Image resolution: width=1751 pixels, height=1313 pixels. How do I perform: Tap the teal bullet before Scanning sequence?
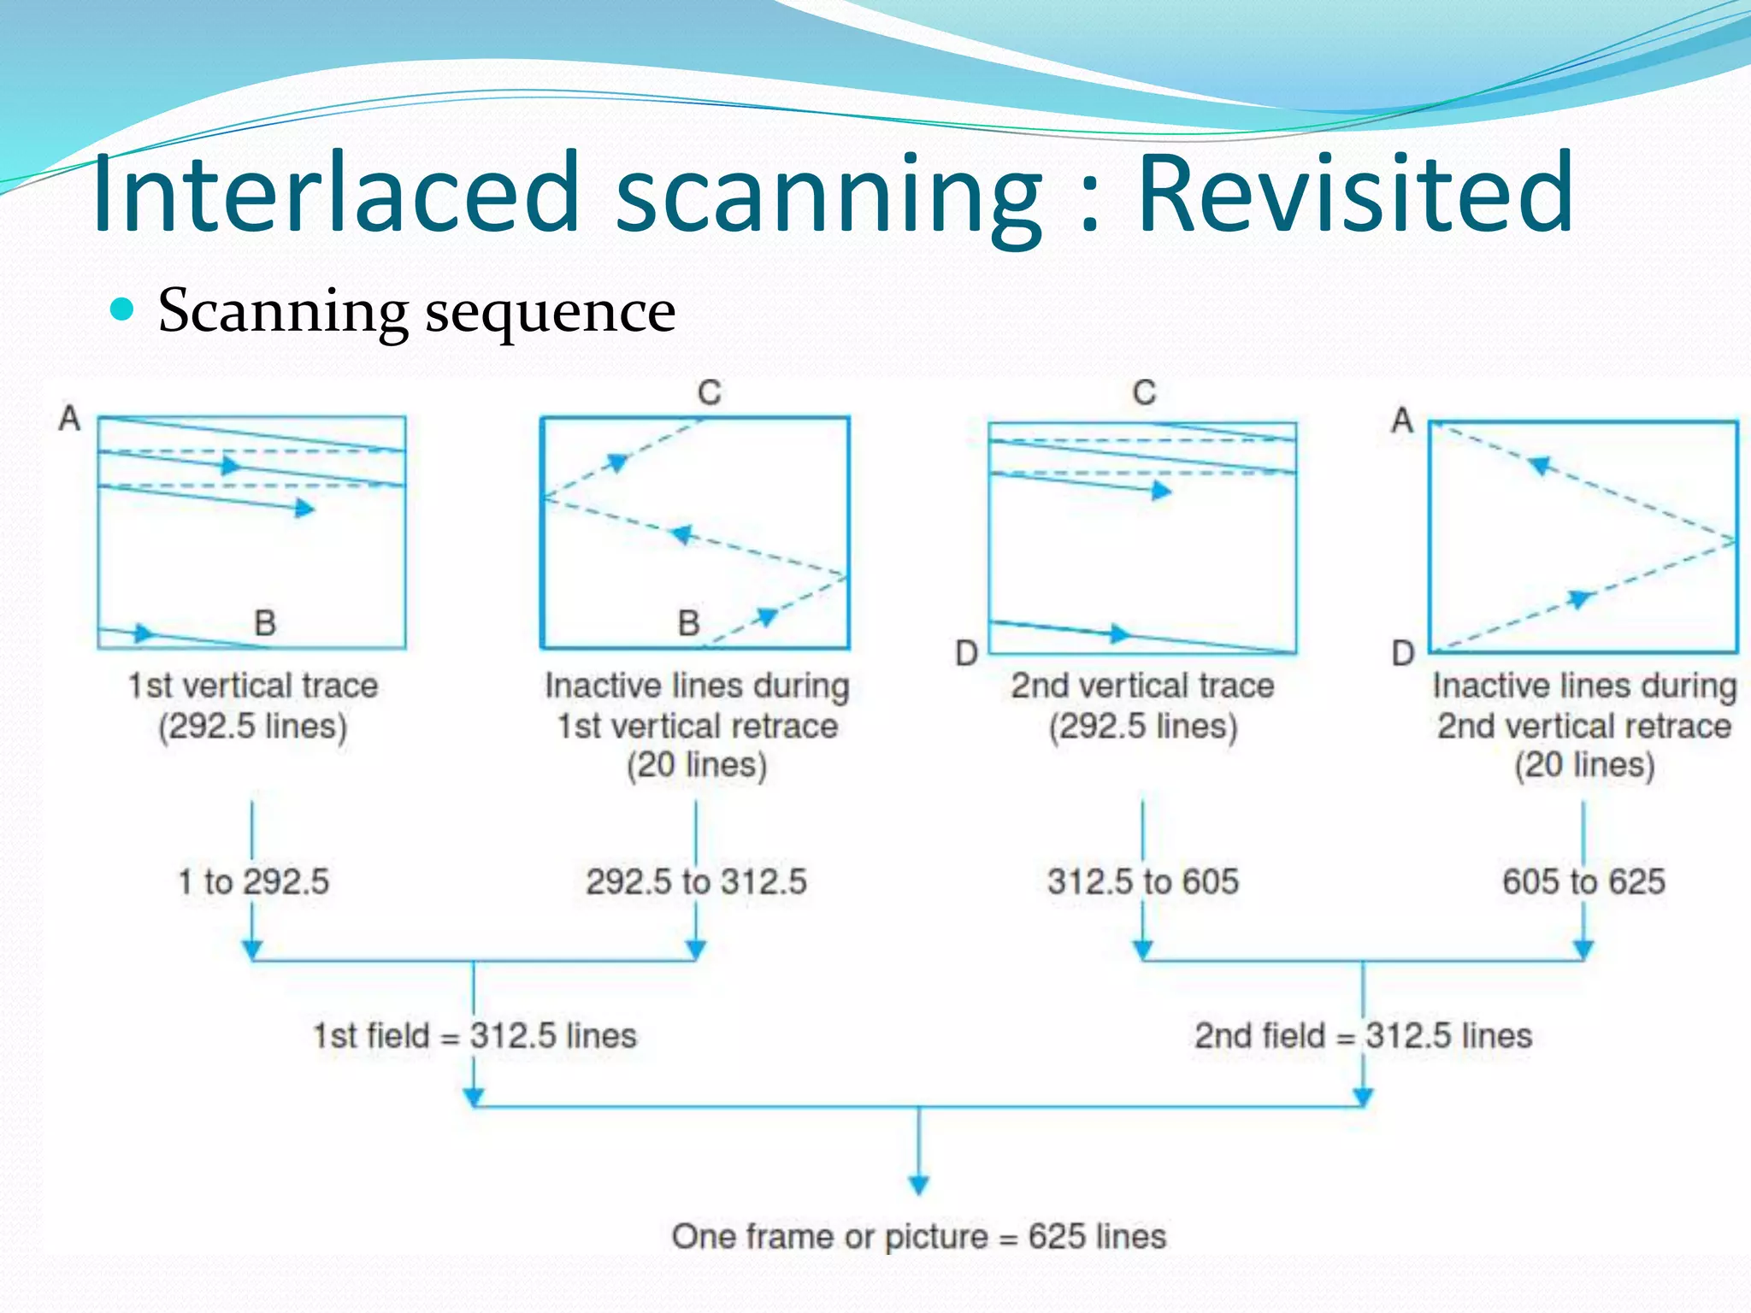tap(123, 309)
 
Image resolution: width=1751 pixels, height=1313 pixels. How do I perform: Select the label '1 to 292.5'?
tap(253, 881)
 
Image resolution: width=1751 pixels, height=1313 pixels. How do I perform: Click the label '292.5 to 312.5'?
tap(696, 881)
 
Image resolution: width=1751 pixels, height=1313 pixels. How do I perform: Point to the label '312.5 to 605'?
tap(1143, 881)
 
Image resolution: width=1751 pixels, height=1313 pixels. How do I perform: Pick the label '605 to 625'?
tap(1583, 881)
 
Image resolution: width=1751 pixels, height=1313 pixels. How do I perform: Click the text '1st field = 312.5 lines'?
tap(475, 1036)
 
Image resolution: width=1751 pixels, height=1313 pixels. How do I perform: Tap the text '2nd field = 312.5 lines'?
tap(1363, 1036)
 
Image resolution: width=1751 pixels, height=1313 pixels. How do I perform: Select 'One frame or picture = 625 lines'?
tap(918, 1236)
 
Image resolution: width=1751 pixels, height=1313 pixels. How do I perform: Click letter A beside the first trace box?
tap(69, 419)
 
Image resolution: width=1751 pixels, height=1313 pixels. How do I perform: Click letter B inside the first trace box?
tap(265, 623)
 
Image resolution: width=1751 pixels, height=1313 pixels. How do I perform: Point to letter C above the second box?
tap(710, 393)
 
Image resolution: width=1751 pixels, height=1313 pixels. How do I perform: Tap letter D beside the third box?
tap(966, 654)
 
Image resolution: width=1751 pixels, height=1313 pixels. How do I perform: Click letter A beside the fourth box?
tap(1402, 421)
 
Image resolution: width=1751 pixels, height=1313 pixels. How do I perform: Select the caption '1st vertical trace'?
tap(253, 686)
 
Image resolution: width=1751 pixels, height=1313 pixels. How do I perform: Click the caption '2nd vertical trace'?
tap(1142, 686)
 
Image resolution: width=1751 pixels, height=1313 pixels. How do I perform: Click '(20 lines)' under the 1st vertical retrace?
tap(697, 765)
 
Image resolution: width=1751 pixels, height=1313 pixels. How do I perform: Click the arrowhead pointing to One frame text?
tap(919, 1185)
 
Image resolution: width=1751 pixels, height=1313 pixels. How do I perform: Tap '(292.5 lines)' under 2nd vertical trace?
tap(1143, 727)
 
